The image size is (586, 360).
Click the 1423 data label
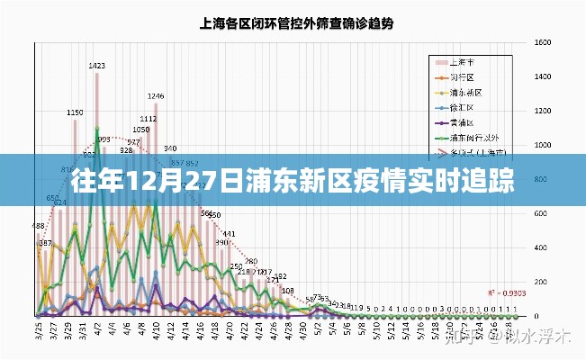click(x=97, y=66)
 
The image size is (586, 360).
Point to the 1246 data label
click(x=156, y=96)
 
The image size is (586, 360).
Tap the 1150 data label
click(x=76, y=112)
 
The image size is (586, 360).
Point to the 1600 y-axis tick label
click(x=542, y=43)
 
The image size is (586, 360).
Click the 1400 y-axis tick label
click(x=542, y=77)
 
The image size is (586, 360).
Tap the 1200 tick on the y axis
click(x=542, y=112)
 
